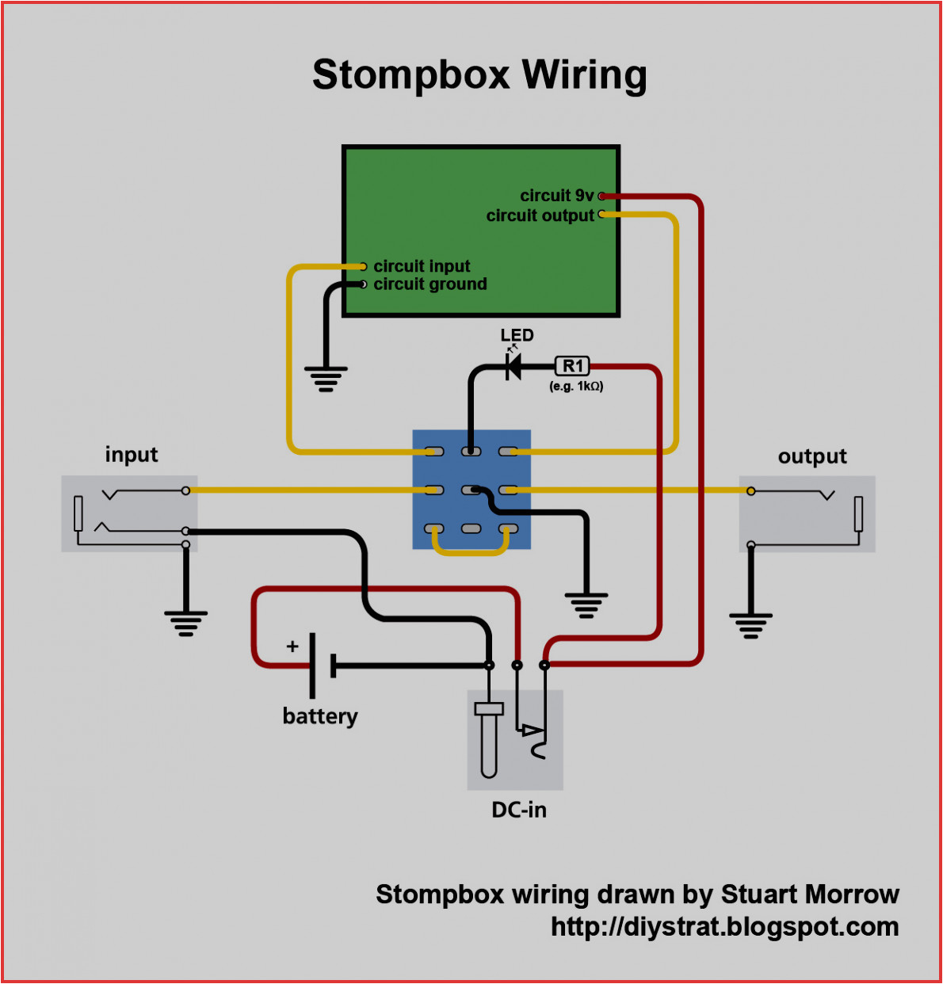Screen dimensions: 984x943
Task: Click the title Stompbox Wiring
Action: [x=479, y=75]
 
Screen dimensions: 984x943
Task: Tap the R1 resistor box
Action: [x=572, y=366]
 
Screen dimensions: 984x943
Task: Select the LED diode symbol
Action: [x=513, y=367]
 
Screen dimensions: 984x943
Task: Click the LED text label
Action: [x=517, y=335]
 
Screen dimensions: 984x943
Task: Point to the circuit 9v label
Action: [x=556, y=196]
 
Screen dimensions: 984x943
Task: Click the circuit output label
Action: [x=540, y=215]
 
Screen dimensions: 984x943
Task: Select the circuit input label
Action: [x=422, y=266]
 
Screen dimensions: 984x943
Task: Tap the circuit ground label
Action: [x=430, y=284]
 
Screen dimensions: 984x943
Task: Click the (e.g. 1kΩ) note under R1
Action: [x=576, y=387]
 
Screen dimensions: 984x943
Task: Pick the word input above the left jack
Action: [x=132, y=455]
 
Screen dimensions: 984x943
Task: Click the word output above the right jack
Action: [x=812, y=456]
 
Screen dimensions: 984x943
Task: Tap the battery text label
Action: [x=320, y=716]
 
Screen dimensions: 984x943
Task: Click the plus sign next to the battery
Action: [x=292, y=646]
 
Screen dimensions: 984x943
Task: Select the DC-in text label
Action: [x=519, y=810]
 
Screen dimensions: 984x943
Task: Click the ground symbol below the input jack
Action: [x=186, y=623]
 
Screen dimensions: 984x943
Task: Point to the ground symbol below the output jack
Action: [x=750, y=625]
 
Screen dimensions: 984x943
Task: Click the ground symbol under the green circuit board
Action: [x=326, y=379]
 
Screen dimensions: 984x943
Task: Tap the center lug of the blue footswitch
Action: [x=471, y=490]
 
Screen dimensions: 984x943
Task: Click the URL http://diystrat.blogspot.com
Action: [x=724, y=926]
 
